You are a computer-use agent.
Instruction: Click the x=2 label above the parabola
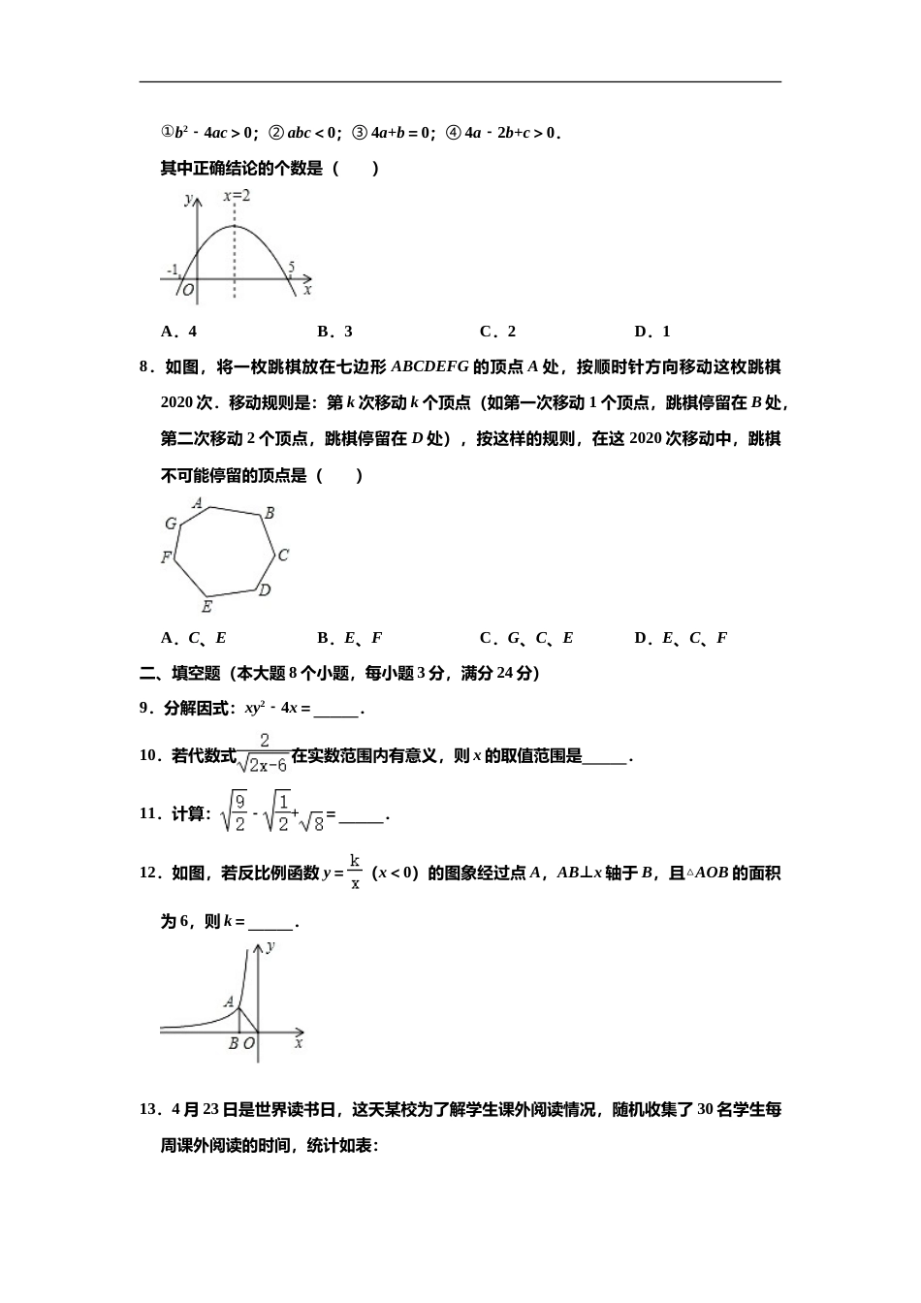[x=237, y=196]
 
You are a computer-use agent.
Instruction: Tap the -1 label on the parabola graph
[x=172, y=270]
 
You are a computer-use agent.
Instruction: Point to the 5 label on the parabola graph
[x=292, y=267]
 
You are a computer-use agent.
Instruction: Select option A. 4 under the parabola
[x=179, y=332]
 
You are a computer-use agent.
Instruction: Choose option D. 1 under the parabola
[x=652, y=332]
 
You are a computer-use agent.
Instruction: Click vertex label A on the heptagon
[x=198, y=503]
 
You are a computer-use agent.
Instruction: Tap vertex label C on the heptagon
[x=283, y=556]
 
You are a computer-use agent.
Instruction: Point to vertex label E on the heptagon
[x=206, y=607]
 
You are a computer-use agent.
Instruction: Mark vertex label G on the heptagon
[x=172, y=524]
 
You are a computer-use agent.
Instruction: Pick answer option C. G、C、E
[x=526, y=638]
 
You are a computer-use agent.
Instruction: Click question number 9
[x=146, y=709]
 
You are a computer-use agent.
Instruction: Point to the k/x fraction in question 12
[x=355, y=873]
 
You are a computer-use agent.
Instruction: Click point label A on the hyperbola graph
[x=229, y=1001]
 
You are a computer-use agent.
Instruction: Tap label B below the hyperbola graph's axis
[x=233, y=1044]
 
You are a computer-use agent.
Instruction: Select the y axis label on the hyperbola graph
[x=270, y=945]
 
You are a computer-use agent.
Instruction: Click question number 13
[x=150, y=1110]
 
